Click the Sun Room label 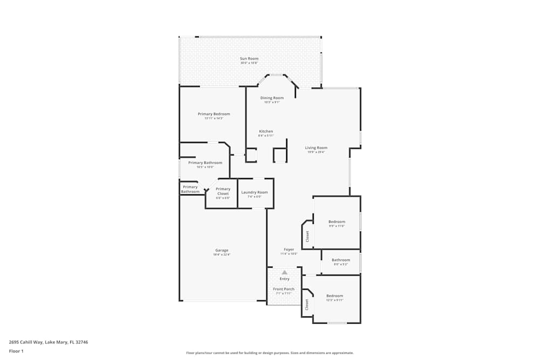(249, 58)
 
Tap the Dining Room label (272, 98)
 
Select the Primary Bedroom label (214, 114)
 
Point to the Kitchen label (266, 131)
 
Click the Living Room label (316, 147)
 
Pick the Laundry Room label (254, 192)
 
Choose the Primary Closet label (223, 191)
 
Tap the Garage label (222, 250)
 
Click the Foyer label (289, 249)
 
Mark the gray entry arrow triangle (285, 273)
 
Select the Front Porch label (284, 289)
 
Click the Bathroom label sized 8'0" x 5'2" (341, 260)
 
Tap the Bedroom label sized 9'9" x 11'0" (336, 221)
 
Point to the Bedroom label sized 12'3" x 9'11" (334, 295)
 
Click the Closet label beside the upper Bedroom (308, 236)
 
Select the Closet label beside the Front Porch (307, 304)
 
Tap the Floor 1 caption (16, 351)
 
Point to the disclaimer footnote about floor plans (270, 352)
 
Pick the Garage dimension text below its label (222, 255)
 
